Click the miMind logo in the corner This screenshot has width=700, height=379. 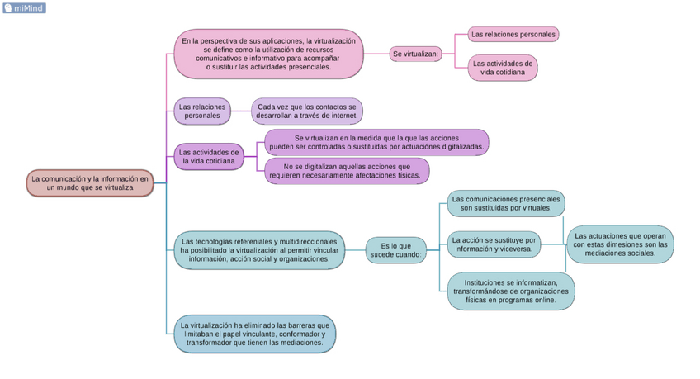24,8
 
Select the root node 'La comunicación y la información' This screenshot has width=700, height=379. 90,183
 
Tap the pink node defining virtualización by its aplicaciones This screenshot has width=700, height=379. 268,54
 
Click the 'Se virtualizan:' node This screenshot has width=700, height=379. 416,54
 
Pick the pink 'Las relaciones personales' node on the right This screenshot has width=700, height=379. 513,34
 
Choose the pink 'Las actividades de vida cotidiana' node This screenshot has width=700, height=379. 503,68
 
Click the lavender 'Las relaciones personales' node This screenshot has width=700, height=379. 202,111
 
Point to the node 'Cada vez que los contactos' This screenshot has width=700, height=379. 307,111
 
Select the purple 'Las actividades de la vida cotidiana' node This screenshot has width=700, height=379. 209,157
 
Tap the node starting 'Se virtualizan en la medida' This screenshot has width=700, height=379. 376,142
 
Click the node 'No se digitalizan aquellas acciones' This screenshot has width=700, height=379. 347,171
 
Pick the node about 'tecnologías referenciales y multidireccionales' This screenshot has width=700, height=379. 259,249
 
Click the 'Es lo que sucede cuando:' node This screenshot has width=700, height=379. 396,250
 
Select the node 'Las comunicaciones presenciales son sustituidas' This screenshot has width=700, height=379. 505,203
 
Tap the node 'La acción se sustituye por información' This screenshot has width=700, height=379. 494,244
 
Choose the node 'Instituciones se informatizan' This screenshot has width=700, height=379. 511,291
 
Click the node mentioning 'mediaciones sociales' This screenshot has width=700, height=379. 620,244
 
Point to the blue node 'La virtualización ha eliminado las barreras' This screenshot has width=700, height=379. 255,334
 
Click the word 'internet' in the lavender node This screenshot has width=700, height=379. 340,116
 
